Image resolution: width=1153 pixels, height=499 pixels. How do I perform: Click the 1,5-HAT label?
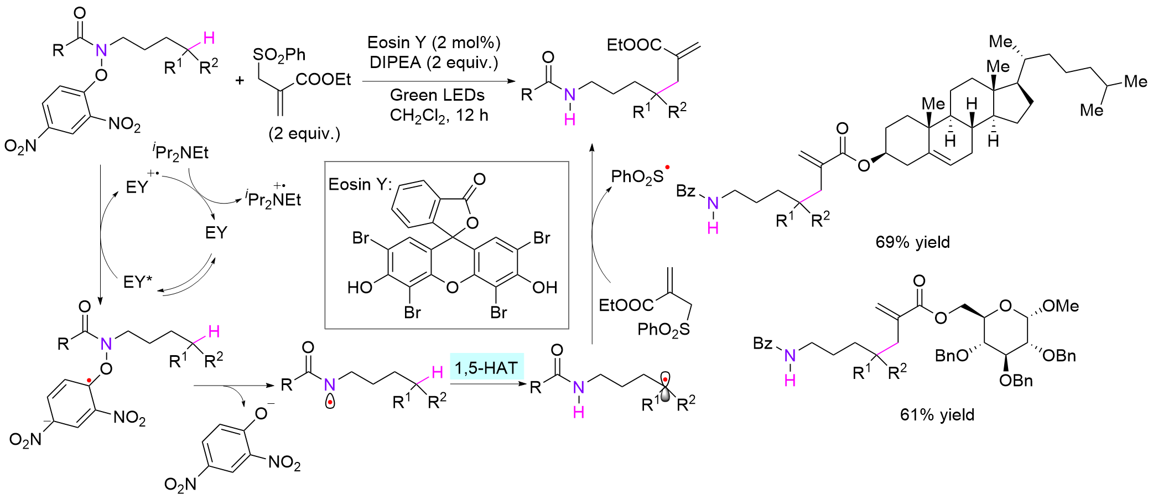pyautogui.click(x=486, y=368)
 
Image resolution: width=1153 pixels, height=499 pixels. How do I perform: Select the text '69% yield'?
pyautogui.click(x=912, y=242)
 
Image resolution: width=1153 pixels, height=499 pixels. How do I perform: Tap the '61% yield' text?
pyautogui.click(x=937, y=415)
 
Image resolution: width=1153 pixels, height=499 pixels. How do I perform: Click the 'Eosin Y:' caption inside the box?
pyautogui.click(x=360, y=185)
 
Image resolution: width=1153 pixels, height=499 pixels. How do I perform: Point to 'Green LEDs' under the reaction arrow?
pyautogui.click(x=437, y=95)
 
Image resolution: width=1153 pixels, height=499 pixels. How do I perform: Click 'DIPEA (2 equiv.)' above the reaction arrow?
pyautogui.click(x=434, y=63)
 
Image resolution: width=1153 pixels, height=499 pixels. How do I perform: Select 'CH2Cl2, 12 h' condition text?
pyautogui.click(x=439, y=116)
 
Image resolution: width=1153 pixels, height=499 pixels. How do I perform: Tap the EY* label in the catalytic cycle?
pyautogui.click(x=137, y=282)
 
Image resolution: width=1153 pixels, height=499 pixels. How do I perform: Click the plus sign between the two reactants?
pyautogui.click(x=240, y=81)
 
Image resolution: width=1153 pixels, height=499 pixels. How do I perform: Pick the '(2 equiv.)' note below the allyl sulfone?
pyautogui.click(x=304, y=134)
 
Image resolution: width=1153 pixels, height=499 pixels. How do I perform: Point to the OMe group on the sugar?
pyautogui.click(x=1060, y=306)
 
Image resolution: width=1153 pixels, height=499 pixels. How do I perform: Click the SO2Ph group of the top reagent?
pyautogui.click(x=279, y=54)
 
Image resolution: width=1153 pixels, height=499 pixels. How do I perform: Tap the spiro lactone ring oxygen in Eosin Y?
pyautogui.click(x=472, y=223)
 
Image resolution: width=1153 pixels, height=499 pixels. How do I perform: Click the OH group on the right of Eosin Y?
pyautogui.click(x=544, y=287)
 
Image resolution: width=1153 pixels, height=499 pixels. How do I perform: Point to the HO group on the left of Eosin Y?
pyautogui.click(x=360, y=287)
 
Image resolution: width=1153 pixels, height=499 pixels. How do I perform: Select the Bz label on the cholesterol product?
pyautogui.click(x=685, y=191)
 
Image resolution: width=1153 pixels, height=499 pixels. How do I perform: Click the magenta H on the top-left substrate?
pyautogui.click(x=209, y=38)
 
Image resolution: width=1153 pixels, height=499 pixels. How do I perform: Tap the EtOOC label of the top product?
pyautogui.click(x=634, y=45)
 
